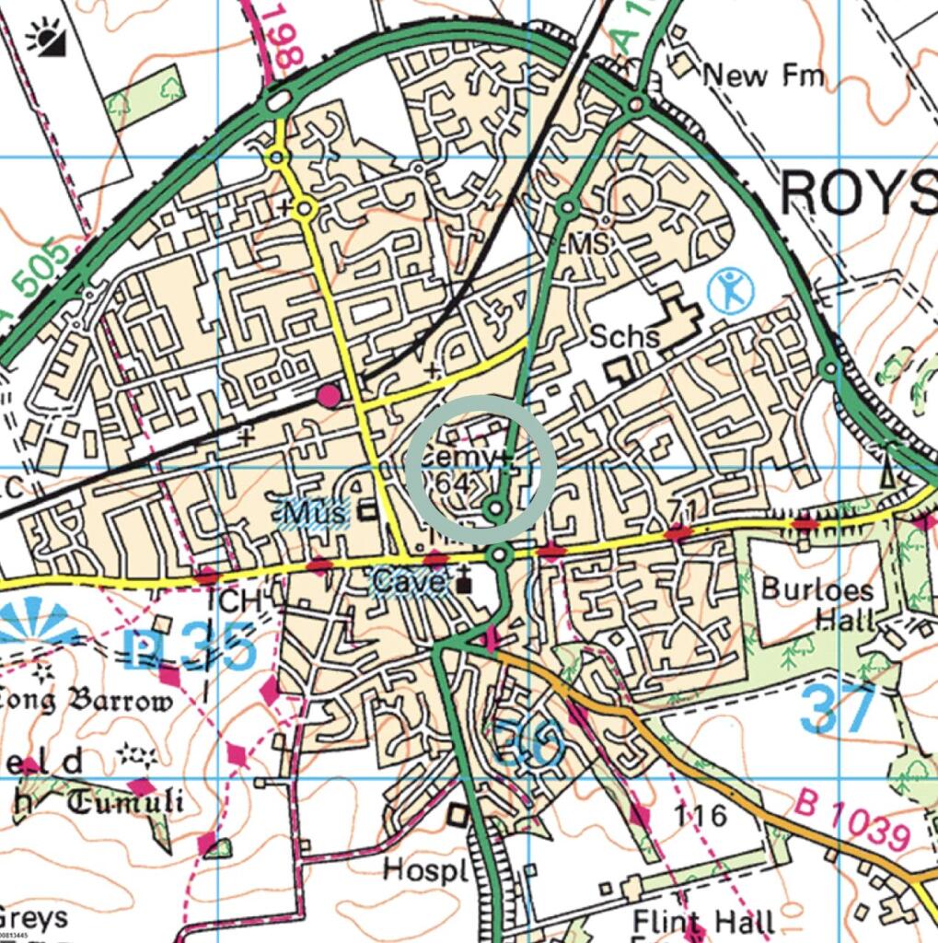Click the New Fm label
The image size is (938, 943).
tap(763, 75)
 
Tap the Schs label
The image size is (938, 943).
tap(626, 336)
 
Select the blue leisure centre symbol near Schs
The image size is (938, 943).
tap(732, 290)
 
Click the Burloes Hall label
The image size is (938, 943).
tap(817, 603)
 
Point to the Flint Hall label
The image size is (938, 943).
tap(703, 921)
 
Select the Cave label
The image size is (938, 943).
tap(410, 582)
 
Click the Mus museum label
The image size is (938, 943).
tap(316, 511)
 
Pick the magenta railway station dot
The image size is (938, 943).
tap(329, 396)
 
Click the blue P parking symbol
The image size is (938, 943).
tap(141, 648)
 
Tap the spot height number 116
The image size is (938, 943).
tap(700, 815)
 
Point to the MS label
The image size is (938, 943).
tap(593, 245)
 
